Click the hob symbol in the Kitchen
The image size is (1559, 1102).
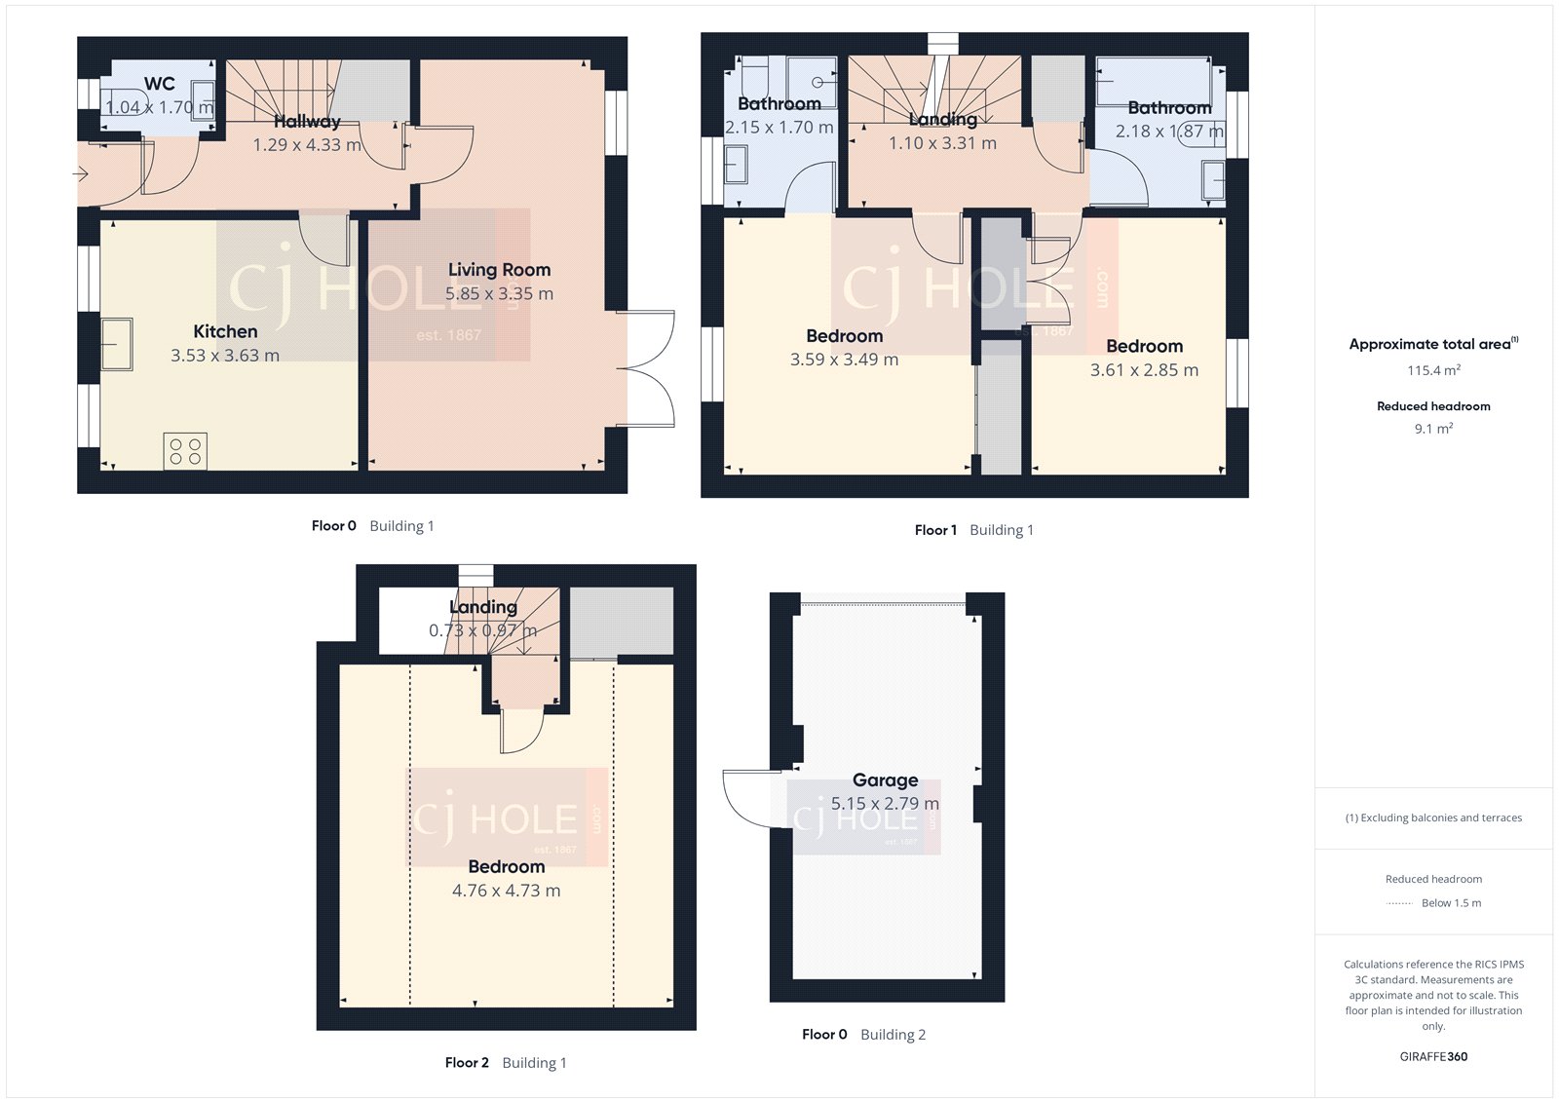tap(185, 450)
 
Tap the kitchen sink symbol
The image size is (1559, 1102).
tap(117, 344)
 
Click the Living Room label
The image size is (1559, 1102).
tap(499, 270)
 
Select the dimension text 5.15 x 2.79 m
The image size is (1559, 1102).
tap(885, 804)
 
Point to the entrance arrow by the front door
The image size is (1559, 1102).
tap(80, 174)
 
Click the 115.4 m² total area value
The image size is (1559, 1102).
tap(1432, 370)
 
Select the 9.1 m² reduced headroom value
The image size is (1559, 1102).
tap(1432, 429)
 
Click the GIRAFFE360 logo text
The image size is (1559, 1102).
tap(1433, 1056)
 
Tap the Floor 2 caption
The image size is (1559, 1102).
tap(467, 1063)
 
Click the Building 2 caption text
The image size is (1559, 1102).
tap(893, 1035)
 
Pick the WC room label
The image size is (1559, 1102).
tap(160, 84)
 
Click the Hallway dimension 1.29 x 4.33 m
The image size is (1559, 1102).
tap(307, 145)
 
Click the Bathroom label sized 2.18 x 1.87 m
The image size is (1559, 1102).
tap(1169, 108)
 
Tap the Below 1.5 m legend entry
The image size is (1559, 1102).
tap(1450, 903)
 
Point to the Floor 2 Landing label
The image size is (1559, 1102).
tap(483, 607)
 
